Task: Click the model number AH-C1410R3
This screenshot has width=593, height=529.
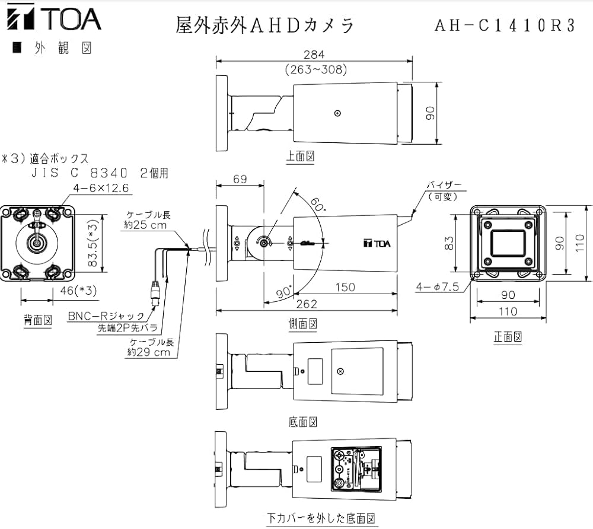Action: pos(505,26)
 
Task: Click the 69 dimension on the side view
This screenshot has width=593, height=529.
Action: pos(240,179)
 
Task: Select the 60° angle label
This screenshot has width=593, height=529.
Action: pos(317,205)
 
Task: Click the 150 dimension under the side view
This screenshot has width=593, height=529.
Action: pos(345,287)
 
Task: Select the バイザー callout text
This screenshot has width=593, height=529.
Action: pos(444,186)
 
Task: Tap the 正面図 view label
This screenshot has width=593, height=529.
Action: pos(508,336)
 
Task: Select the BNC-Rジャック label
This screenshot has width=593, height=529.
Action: pos(106,316)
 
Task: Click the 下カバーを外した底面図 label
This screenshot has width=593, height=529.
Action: pos(321,518)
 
